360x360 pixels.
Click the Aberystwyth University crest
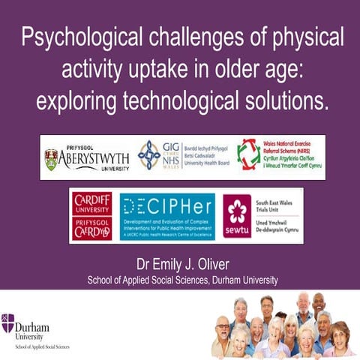click(x=51, y=159)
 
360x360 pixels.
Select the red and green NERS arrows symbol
click(x=248, y=155)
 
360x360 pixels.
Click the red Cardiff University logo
click(x=91, y=217)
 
